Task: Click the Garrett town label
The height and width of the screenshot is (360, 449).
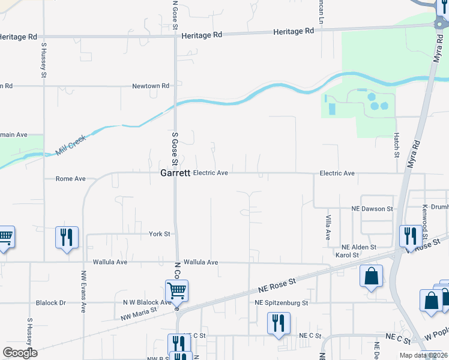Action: tap(175, 173)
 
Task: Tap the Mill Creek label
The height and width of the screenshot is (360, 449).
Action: tap(71, 145)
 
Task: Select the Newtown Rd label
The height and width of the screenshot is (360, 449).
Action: tap(151, 86)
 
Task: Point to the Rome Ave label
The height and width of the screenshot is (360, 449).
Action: tap(70, 179)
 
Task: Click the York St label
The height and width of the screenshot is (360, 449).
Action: tap(159, 233)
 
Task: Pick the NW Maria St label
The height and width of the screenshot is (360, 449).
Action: tap(139, 313)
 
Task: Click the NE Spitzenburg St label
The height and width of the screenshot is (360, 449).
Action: tap(281, 303)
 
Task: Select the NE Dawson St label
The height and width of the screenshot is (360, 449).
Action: tap(372, 209)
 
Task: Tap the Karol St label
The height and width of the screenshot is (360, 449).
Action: tap(346, 256)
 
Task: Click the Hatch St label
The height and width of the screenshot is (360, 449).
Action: tap(397, 145)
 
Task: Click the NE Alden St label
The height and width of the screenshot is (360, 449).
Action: tap(358, 247)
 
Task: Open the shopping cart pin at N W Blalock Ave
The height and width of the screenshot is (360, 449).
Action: tap(176, 291)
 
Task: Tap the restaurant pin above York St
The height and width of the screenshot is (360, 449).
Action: tap(67, 236)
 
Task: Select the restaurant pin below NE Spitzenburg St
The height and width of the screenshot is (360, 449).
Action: tap(279, 323)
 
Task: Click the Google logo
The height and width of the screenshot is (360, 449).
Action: tap(20, 353)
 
